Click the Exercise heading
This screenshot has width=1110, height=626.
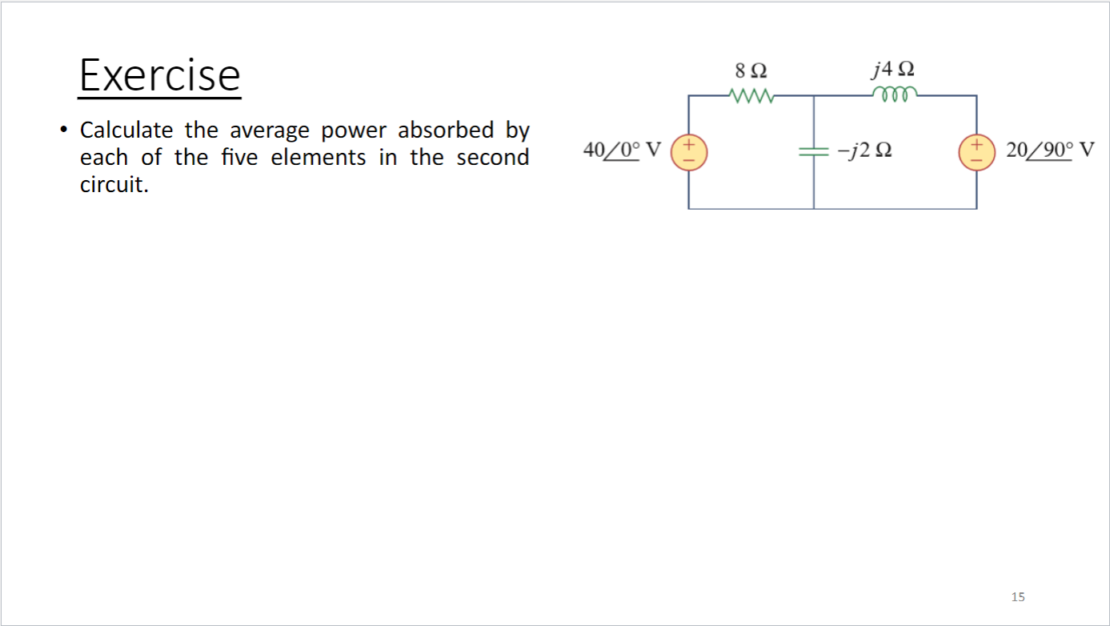(159, 75)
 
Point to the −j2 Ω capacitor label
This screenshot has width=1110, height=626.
(865, 150)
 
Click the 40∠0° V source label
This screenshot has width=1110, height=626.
(622, 150)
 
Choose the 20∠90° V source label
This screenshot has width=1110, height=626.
(1049, 150)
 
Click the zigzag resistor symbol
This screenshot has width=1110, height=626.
(751, 98)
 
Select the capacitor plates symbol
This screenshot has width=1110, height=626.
(814, 151)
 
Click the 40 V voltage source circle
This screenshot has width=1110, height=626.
(688, 152)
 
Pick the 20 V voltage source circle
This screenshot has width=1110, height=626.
(976, 152)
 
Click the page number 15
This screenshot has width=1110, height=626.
(1018, 596)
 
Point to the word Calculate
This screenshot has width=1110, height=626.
(126, 130)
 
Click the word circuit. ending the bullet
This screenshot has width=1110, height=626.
(114, 185)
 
